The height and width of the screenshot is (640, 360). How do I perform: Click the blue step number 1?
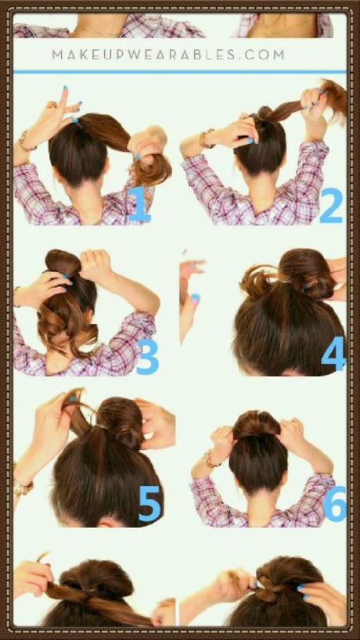click(140, 204)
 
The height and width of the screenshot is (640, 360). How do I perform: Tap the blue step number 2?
click(331, 205)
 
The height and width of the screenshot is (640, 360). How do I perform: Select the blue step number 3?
click(147, 357)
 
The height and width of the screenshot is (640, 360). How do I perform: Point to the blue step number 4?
click(333, 354)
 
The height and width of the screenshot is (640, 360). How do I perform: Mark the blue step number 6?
click(335, 504)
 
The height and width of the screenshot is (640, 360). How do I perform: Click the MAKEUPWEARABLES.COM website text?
click(168, 55)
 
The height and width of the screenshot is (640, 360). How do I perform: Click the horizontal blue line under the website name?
click(180, 72)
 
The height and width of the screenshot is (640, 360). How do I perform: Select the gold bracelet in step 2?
click(206, 138)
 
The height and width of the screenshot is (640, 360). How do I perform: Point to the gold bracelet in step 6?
click(211, 459)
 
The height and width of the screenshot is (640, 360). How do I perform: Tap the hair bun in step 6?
click(256, 425)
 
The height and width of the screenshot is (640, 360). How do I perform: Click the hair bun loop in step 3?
click(63, 262)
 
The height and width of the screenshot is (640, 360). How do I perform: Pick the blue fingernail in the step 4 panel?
click(196, 298)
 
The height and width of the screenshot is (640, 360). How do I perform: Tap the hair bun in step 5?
click(121, 422)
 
